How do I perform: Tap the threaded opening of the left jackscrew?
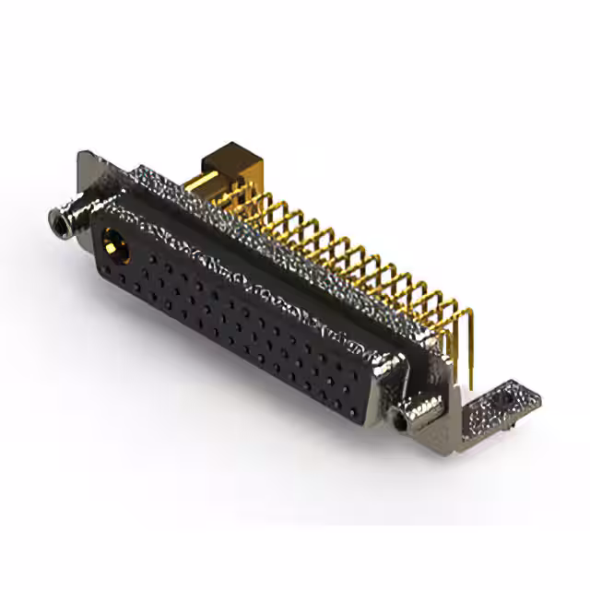pos(58,218)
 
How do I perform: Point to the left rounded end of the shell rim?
pos(97,230)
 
